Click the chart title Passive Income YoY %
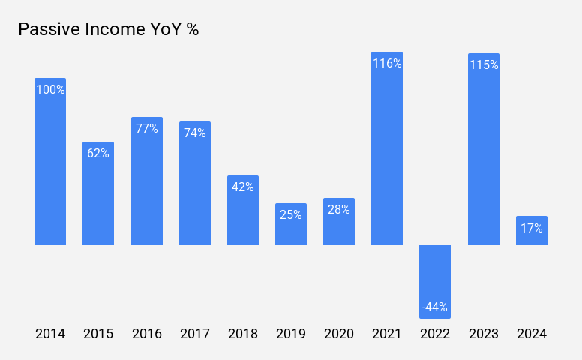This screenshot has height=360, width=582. pos(108,30)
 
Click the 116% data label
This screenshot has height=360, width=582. pos(387,64)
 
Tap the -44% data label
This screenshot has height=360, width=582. pos(435,307)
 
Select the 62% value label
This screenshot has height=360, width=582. pos(98,153)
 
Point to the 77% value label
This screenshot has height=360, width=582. pos(147,128)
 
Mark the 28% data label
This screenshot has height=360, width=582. pos(339,209)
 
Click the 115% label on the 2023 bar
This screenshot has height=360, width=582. pos(484,64)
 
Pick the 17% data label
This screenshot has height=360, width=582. pos(532,228)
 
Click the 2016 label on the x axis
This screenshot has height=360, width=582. pos(147,334)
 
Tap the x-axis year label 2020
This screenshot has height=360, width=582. pos(339,334)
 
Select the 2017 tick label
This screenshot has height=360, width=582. pos(195,334)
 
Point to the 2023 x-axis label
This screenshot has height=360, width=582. pos(484,334)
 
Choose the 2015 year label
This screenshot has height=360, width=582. pos(98,334)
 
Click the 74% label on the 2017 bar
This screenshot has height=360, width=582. pos(195,133)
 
